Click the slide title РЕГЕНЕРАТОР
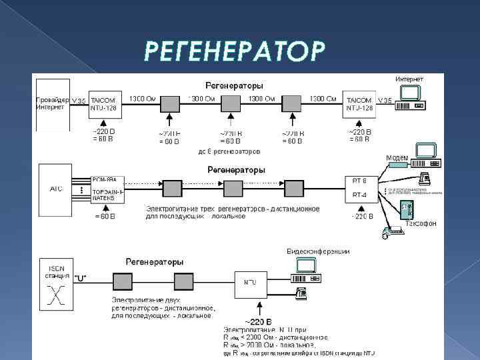pyautogui.click(x=236, y=51)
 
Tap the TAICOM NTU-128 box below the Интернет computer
pyautogui.click(x=361, y=104)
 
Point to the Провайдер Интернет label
pyautogui.click(x=52, y=103)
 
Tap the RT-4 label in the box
pyautogui.click(x=360, y=195)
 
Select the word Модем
pyautogui.click(x=397, y=158)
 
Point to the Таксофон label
pyautogui.click(x=421, y=224)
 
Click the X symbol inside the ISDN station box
pyautogui.click(x=56, y=294)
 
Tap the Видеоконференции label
pyautogui.click(x=318, y=251)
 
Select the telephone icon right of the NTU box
pyautogui.click(x=301, y=291)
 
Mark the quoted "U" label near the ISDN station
pyautogui.click(x=79, y=277)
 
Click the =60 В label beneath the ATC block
pyautogui.click(x=105, y=216)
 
